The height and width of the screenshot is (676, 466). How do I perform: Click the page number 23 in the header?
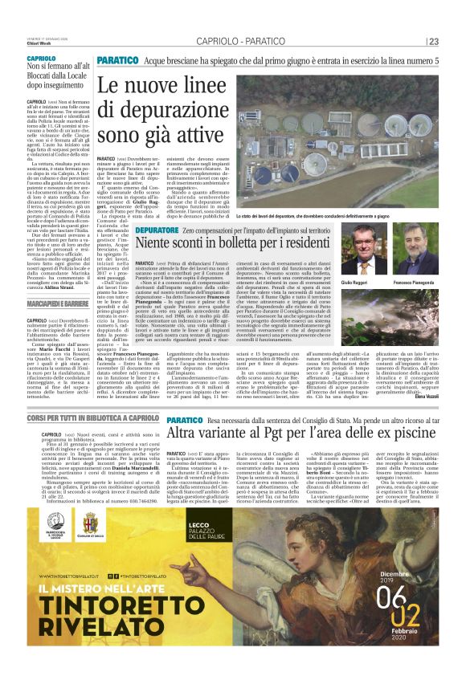pos(433,42)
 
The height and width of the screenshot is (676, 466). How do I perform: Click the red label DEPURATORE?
pos(151,230)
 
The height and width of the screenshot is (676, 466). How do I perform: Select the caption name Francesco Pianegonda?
pos(414,283)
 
